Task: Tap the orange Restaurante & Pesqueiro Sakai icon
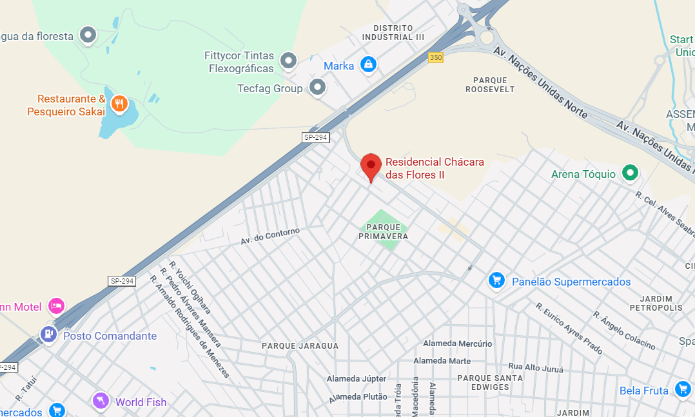(x=119, y=102)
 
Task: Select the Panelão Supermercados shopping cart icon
(x=496, y=280)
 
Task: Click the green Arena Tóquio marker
(x=630, y=173)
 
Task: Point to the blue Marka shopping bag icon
(x=368, y=64)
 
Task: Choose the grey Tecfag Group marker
(x=317, y=87)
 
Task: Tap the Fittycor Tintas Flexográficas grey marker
(x=288, y=61)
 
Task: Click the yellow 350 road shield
(x=436, y=57)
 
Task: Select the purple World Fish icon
(x=101, y=401)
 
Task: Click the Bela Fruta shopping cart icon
(x=683, y=389)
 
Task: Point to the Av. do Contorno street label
(x=270, y=236)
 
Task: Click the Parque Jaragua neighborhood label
(x=300, y=346)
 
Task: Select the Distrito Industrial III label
(x=393, y=32)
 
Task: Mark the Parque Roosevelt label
(x=490, y=84)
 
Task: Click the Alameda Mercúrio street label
(x=453, y=344)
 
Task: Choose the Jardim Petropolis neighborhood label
(x=656, y=303)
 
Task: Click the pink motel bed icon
(x=57, y=305)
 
